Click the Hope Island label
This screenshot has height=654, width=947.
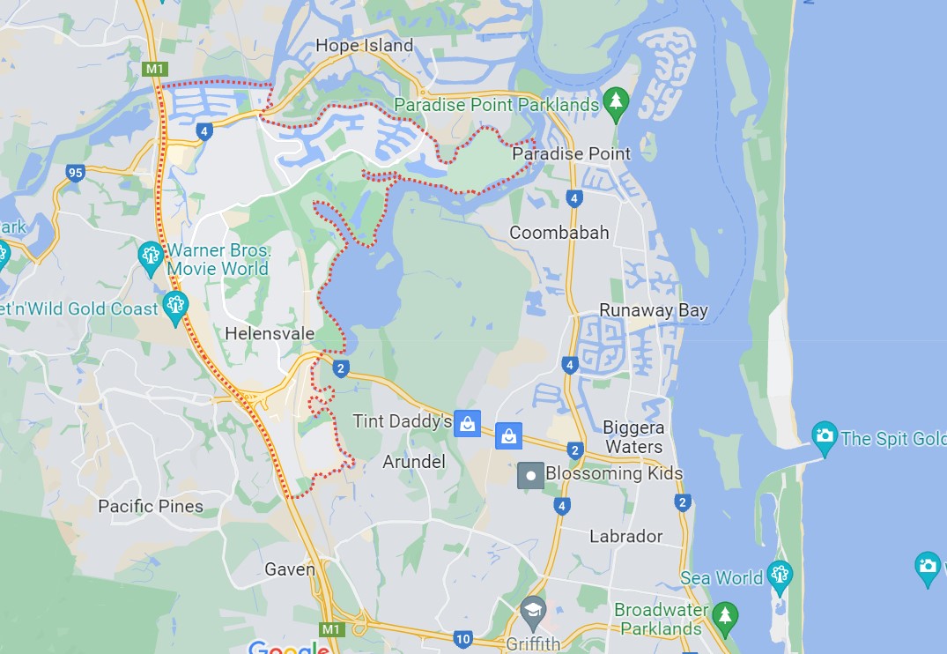(x=364, y=45)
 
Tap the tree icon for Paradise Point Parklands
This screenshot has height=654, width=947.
(x=616, y=103)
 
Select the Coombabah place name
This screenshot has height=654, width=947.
(x=559, y=233)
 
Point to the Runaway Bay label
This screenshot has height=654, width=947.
(x=654, y=310)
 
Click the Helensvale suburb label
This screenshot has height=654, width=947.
(x=264, y=333)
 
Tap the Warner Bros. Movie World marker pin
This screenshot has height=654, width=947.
(x=151, y=256)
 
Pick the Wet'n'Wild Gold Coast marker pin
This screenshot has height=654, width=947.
(x=175, y=307)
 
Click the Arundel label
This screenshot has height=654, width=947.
(x=414, y=462)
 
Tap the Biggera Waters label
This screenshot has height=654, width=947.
(x=633, y=437)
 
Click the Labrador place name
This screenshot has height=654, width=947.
(x=625, y=536)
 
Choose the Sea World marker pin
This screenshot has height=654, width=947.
(x=780, y=576)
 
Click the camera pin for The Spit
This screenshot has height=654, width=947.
(x=825, y=436)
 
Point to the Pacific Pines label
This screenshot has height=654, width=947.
(x=151, y=506)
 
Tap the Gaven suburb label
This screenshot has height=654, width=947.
(x=290, y=569)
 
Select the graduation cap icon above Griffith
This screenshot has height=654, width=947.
(x=533, y=610)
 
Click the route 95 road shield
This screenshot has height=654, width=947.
(x=75, y=172)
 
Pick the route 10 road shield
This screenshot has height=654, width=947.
(x=462, y=638)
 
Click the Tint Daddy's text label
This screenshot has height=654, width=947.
(x=403, y=421)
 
